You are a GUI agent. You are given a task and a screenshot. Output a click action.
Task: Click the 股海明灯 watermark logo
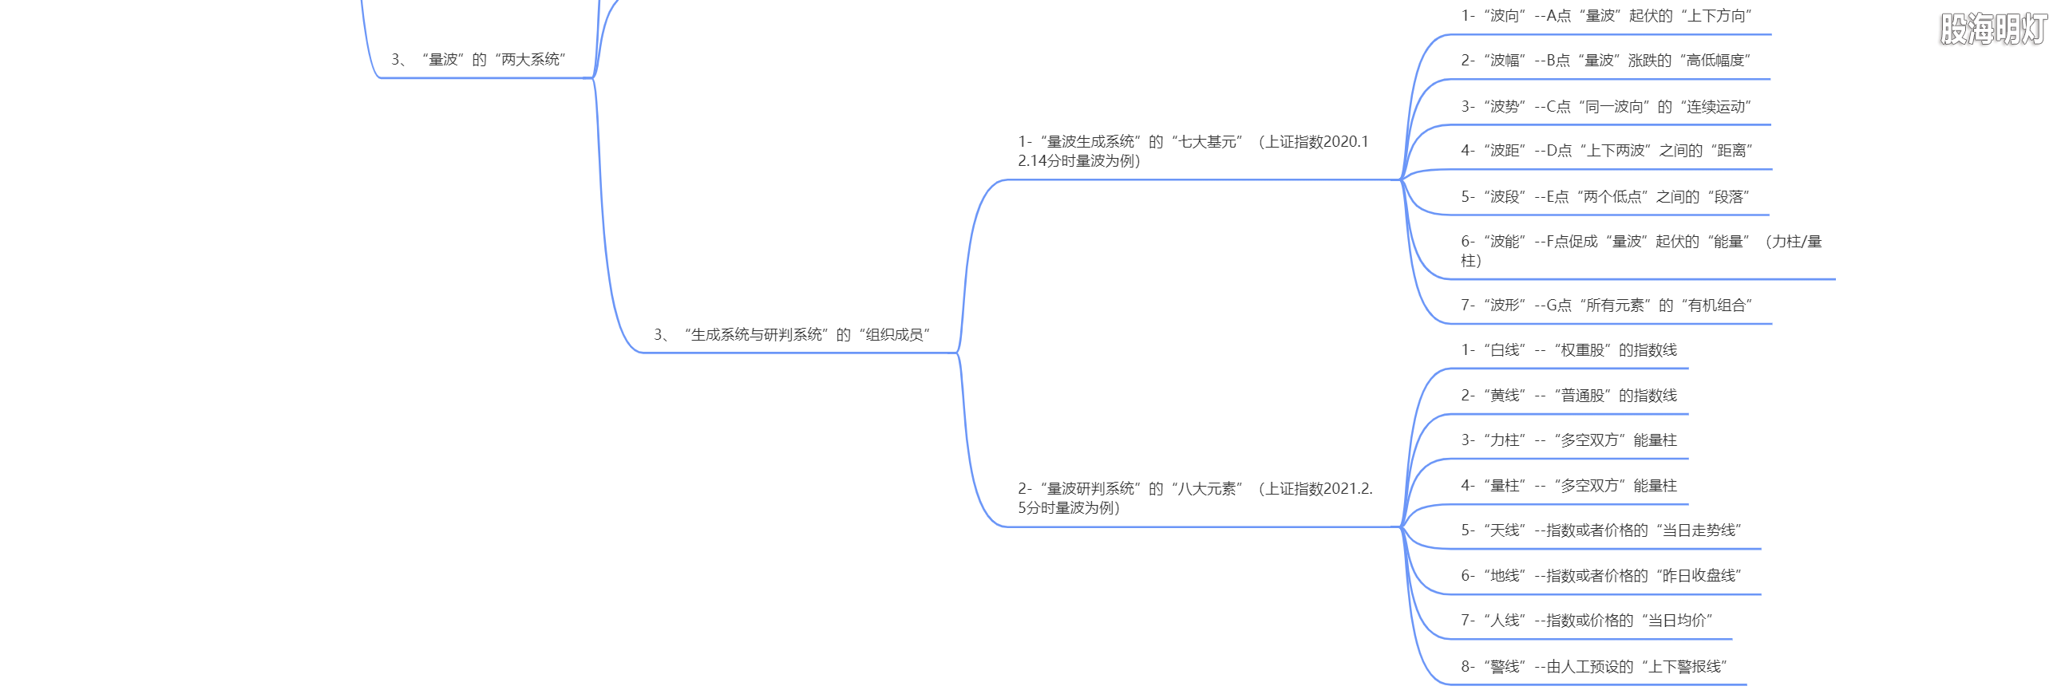coord(1993,30)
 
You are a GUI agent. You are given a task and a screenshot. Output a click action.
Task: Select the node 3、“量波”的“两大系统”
coord(478,60)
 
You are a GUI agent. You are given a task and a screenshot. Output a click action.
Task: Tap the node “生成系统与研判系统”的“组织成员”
coord(792,335)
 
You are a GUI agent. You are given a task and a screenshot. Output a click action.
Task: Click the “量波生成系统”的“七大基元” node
coord(1193,151)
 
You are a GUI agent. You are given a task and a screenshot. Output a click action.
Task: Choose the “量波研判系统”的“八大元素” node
coord(1194,498)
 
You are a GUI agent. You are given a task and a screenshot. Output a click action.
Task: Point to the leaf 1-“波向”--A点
coord(1606,16)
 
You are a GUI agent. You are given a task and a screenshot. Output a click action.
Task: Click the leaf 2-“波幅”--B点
coord(1605,61)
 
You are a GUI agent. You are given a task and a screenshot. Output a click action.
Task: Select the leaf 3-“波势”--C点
coord(1606,106)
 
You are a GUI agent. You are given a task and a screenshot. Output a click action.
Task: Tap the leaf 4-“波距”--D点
coord(1607,150)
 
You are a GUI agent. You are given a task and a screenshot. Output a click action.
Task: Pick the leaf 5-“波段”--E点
coord(1605,197)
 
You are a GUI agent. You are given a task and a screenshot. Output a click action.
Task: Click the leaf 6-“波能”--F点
coord(1640,250)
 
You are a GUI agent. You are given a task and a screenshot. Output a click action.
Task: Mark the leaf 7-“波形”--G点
coord(1606,306)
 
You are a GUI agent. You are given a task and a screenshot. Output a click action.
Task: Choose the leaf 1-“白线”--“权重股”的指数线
coord(1568,350)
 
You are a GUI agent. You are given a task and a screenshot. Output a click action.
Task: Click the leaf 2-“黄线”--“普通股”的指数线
coord(1568,396)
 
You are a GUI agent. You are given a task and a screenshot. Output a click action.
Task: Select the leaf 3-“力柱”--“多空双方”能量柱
coord(1568,440)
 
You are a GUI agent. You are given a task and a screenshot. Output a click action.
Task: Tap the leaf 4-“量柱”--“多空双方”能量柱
coord(1568,486)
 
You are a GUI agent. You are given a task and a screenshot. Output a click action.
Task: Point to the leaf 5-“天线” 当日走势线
coord(1601,531)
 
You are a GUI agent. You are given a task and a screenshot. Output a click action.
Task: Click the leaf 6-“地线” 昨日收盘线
coord(1601,576)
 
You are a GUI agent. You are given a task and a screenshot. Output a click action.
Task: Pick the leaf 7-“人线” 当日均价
coord(1587,621)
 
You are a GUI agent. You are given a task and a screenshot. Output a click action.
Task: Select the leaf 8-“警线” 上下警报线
coord(1594,667)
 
